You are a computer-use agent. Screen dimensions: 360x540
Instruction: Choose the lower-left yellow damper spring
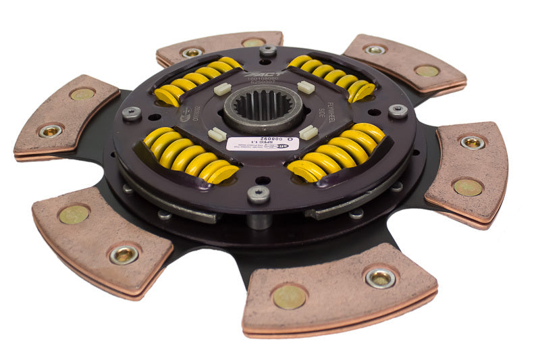(x=190, y=155)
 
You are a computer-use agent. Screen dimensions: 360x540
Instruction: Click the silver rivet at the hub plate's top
(x=267, y=51)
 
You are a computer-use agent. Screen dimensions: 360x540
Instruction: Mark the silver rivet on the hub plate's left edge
(x=131, y=113)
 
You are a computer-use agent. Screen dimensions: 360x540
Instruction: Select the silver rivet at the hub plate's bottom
(x=258, y=195)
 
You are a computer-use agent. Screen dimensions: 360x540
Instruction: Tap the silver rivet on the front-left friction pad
(x=124, y=254)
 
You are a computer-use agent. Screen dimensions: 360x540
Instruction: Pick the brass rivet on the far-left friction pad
(x=82, y=94)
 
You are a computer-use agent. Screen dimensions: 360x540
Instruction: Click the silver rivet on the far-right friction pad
(x=472, y=142)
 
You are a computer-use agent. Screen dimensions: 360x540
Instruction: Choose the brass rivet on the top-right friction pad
(x=427, y=70)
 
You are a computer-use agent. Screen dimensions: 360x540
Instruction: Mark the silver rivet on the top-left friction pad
(x=192, y=52)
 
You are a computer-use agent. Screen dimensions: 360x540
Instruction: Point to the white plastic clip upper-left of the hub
(x=222, y=88)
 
